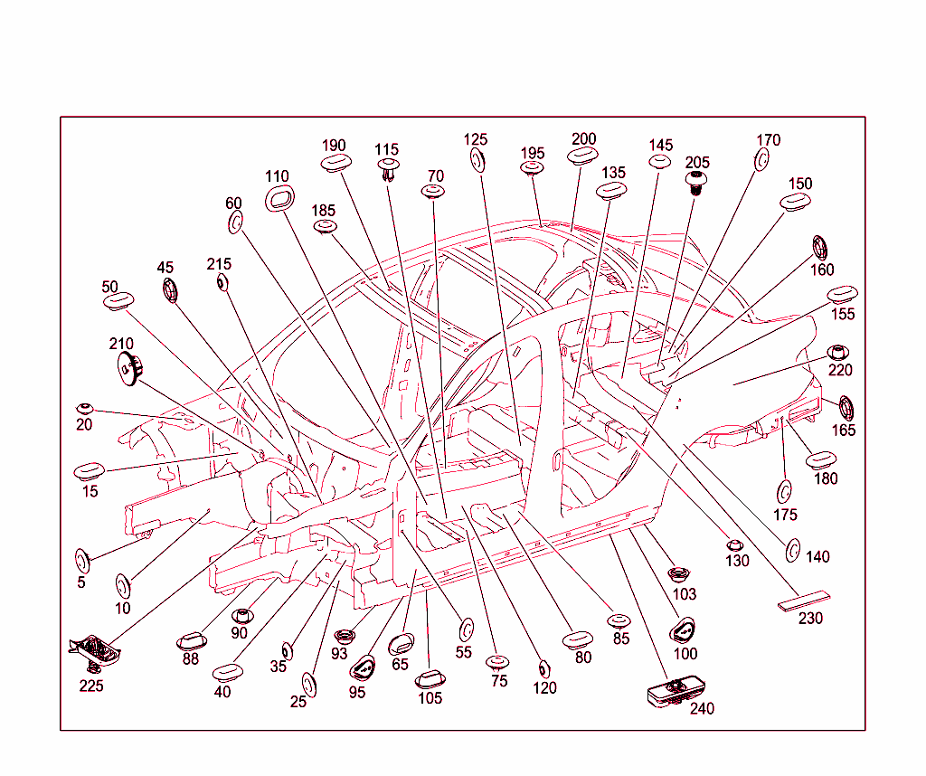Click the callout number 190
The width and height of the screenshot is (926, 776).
(x=334, y=146)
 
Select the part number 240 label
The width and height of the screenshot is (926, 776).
(x=702, y=709)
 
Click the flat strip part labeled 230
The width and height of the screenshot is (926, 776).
(x=802, y=601)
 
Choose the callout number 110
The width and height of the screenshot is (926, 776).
(x=277, y=176)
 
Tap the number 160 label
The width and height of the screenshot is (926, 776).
(x=822, y=270)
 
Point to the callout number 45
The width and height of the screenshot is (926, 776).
(x=165, y=268)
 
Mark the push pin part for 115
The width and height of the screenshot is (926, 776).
(x=389, y=169)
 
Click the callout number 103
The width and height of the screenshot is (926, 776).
(x=685, y=594)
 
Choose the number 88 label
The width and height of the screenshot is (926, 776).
(x=190, y=659)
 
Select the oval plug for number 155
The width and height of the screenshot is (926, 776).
(x=842, y=296)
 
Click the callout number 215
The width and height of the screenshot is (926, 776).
(x=219, y=264)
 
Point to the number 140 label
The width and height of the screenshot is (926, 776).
(x=817, y=557)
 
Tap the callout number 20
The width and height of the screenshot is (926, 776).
(x=84, y=424)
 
